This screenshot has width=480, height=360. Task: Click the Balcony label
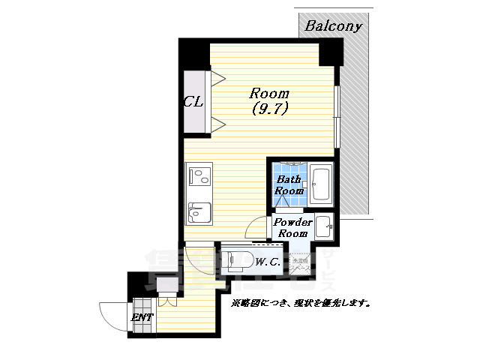(333, 26)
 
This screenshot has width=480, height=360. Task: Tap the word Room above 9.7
(269, 94)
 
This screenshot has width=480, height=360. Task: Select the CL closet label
(193, 102)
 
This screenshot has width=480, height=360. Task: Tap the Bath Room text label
(289, 185)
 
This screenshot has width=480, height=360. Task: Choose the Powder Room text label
(292, 228)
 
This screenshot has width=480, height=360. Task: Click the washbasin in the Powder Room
(324, 225)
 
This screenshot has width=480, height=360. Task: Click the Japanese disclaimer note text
(300, 304)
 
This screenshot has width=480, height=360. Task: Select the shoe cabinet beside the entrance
(166, 283)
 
